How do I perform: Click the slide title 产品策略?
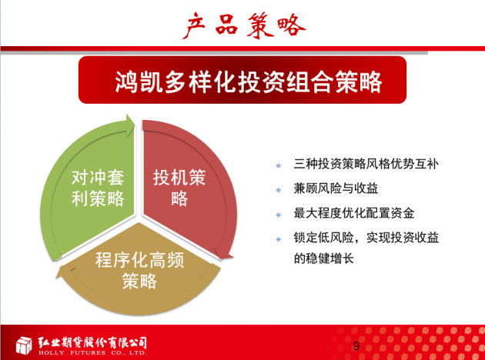[x=244, y=26]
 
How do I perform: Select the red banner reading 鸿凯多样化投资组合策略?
[x=242, y=80]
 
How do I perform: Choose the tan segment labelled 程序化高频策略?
[x=139, y=272]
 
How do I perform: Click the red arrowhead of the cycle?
[x=223, y=253]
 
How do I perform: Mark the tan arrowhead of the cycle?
[x=62, y=272]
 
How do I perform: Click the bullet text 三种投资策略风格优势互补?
[x=366, y=164]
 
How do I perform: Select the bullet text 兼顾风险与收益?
[x=336, y=188]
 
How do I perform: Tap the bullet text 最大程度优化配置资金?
[x=354, y=213]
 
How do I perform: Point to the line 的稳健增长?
[x=323, y=258]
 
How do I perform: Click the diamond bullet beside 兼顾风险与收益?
[x=279, y=190]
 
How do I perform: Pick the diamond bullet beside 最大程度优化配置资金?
[x=279, y=215]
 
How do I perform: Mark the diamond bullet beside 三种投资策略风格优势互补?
[x=279, y=165]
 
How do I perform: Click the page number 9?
[x=356, y=346]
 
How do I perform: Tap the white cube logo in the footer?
[x=24, y=345]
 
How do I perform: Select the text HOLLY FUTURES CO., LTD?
[x=92, y=352]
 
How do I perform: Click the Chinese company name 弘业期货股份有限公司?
[x=92, y=343]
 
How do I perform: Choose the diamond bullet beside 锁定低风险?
[x=279, y=239]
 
